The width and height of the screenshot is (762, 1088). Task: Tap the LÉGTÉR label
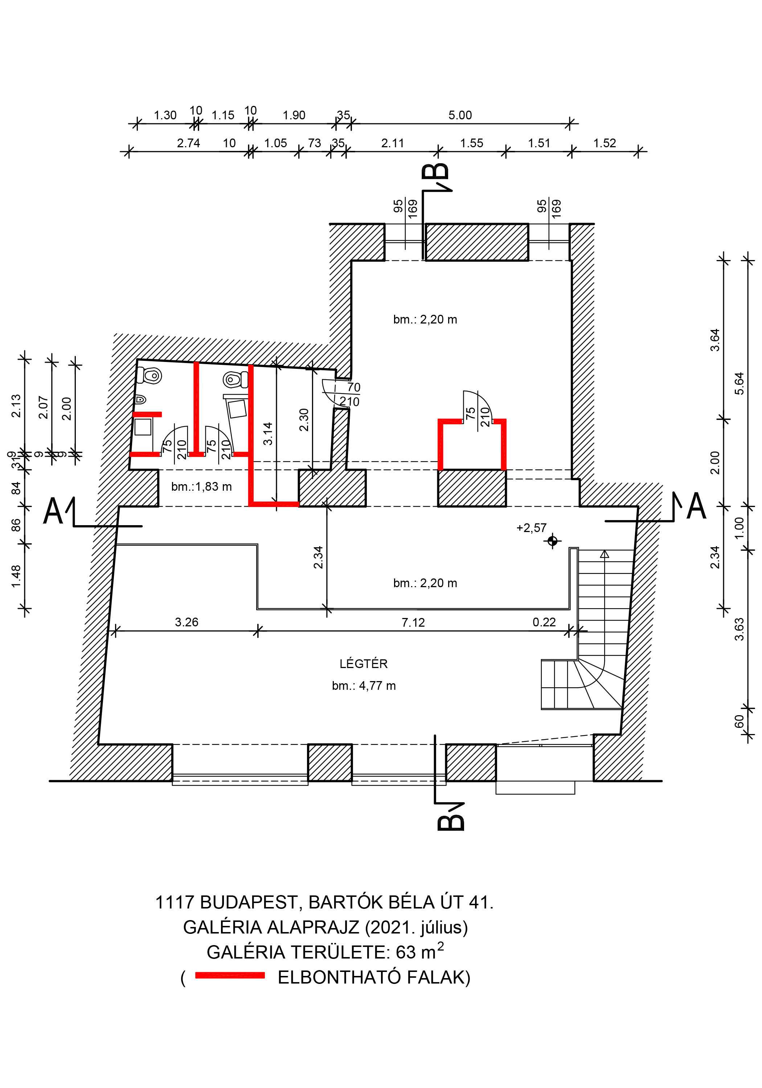(x=363, y=663)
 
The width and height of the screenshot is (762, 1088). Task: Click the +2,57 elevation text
(x=531, y=528)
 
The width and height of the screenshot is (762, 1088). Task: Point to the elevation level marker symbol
(x=552, y=540)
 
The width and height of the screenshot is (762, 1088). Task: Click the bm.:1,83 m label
(x=201, y=487)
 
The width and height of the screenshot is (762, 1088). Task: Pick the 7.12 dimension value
(x=413, y=622)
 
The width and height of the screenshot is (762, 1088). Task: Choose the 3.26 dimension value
(x=187, y=622)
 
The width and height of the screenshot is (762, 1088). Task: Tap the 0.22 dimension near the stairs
(x=544, y=622)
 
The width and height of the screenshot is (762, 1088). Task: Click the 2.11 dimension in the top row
(x=392, y=143)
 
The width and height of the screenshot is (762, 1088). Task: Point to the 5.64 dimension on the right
(x=739, y=383)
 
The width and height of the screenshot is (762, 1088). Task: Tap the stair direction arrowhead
(x=604, y=554)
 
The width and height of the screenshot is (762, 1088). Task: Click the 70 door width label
(x=354, y=387)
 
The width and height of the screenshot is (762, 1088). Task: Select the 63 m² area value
(x=420, y=952)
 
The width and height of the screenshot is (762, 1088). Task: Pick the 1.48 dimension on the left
(x=16, y=576)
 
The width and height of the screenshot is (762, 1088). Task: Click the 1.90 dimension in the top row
(x=294, y=115)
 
